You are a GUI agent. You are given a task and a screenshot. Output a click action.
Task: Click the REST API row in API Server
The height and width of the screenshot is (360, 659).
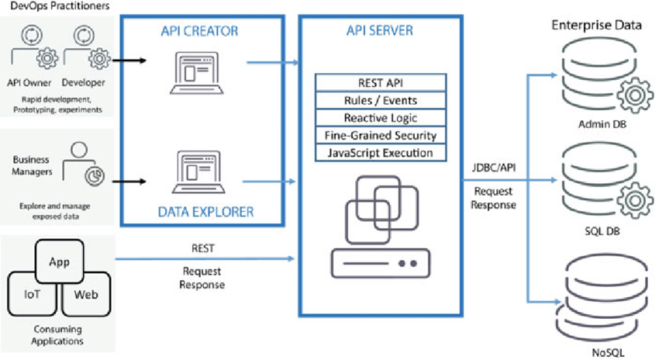coord(380,83)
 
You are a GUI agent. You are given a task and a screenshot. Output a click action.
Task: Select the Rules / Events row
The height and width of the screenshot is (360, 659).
coord(380,101)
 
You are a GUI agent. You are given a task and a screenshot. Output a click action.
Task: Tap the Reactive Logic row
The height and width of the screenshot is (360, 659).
coord(380,118)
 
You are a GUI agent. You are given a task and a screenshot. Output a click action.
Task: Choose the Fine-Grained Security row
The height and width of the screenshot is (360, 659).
coord(380,135)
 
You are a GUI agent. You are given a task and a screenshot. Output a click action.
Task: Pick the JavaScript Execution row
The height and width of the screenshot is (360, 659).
coord(380,153)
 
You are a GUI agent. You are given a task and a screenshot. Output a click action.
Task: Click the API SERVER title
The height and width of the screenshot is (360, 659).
coord(380,31)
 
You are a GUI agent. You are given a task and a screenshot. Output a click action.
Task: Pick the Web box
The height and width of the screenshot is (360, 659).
coord(85,296)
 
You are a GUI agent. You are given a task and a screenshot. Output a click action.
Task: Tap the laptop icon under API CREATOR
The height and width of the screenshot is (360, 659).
coord(194,73)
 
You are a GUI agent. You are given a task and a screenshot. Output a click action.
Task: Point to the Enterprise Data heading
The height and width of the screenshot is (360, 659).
coord(596,25)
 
